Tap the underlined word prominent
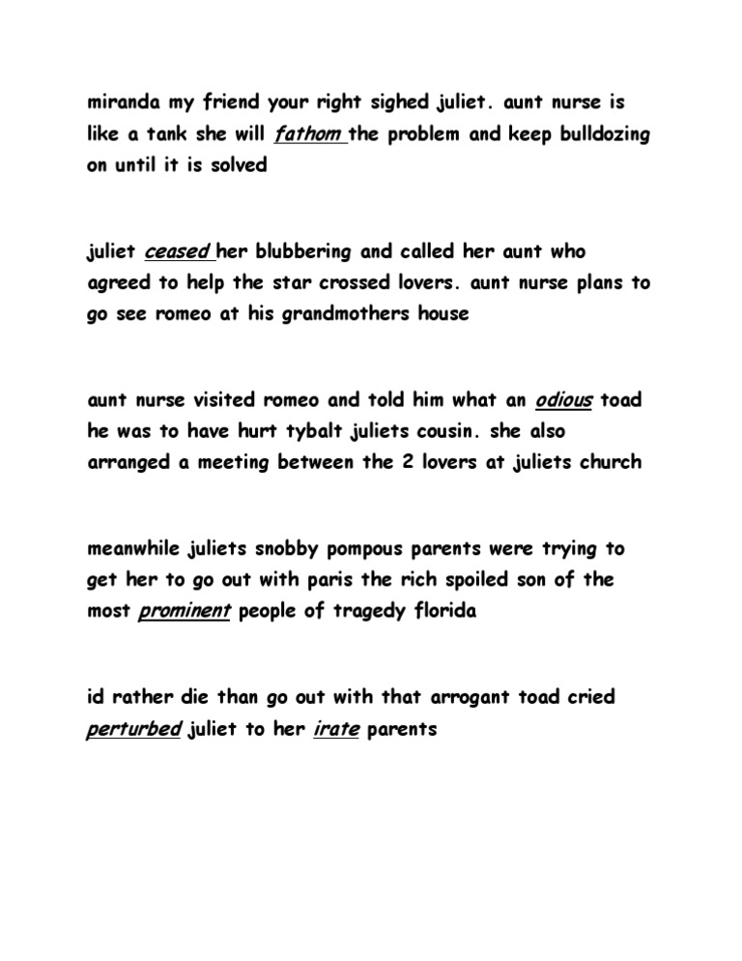[185, 611]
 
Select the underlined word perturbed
[133, 729]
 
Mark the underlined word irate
[336, 729]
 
